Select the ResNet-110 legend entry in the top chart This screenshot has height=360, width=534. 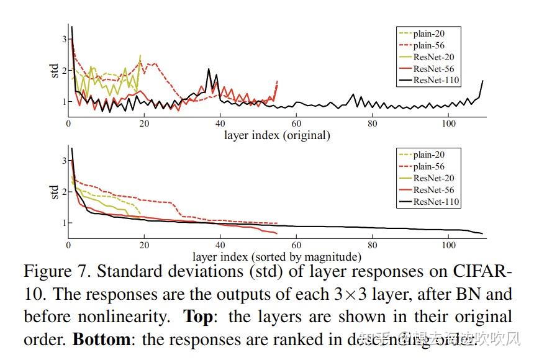click(437, 80)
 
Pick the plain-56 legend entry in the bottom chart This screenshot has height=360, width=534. click(428, 166)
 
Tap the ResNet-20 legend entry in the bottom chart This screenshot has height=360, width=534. click(433, 178)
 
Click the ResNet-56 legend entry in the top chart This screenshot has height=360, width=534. click(434, 68)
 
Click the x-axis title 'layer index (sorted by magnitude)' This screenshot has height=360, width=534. click(276, 256)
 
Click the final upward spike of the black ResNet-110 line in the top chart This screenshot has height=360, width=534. click(482, 81)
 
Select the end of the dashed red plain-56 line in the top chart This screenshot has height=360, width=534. click(277, 81)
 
